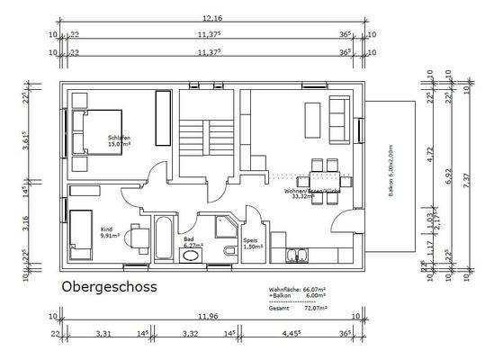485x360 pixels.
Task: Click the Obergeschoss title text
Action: pyautogui.click(x=110, y=287)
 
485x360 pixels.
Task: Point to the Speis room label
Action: pyautogui.click(x=251, y=243)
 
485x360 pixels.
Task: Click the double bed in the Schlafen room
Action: pyautogui.click(x=106, y=133)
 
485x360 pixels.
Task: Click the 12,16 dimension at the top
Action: pyautogui.click(x=212, y=18)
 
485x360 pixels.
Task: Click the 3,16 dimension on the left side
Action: pyautogui.click(x=27, y=219)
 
